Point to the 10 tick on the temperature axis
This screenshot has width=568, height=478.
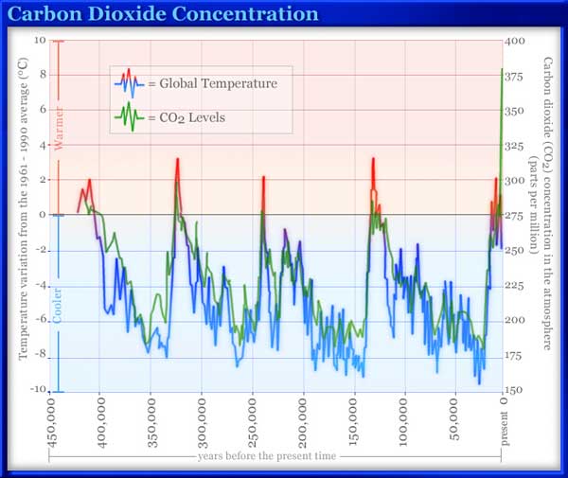point(39,41)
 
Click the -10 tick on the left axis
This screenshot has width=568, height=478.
point(37,391)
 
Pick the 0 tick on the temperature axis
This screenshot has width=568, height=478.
point(42,216)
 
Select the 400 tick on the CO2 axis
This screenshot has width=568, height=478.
point(517,42)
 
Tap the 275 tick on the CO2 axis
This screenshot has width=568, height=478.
point(517,216)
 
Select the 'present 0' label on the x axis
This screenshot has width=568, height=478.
point(503,416)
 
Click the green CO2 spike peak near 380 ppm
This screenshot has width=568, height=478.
point(502,69)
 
